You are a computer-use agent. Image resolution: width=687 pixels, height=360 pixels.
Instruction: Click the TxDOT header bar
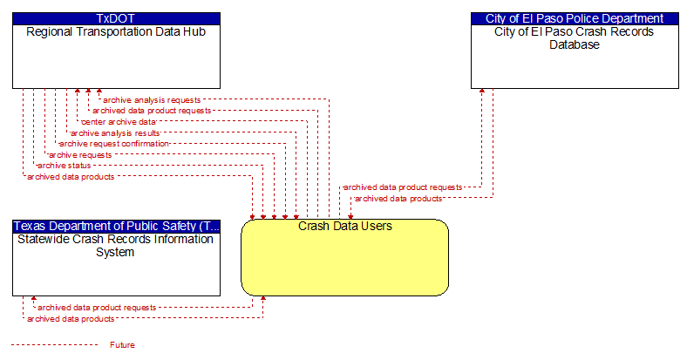tap(116, 18)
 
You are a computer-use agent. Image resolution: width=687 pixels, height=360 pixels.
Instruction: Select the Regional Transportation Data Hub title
tap(116, 32)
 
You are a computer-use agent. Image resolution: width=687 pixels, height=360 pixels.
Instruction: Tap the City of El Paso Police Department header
tap(575, 18)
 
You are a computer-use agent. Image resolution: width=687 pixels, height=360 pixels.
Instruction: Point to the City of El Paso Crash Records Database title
tap(575, 38)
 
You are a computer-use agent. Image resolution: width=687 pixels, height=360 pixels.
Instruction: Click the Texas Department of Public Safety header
tap(116, 226)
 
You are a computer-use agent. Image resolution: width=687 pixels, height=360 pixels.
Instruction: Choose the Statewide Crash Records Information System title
tap(115, 246)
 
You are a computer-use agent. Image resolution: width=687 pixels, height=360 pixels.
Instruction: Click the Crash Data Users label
tap(345, 226)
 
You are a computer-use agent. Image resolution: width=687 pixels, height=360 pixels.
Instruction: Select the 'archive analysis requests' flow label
tap(152, 100)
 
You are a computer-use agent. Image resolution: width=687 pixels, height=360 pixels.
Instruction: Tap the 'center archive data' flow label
tap(119, 122)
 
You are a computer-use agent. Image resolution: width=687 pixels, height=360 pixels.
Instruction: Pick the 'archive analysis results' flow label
tap(115, 132)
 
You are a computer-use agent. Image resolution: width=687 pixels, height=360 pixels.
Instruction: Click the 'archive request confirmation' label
tap(114, 144)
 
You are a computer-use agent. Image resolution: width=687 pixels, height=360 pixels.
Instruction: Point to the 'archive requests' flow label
tap(80, 154)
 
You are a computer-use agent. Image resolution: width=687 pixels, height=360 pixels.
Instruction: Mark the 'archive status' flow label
tap(64, 166)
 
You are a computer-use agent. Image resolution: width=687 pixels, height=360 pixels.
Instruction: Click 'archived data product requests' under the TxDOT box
tap(152, 111)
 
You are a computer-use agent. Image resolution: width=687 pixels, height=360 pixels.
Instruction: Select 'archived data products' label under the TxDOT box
tap(71, 176)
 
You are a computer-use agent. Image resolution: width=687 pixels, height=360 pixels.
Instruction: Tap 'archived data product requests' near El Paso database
tap(403, 187)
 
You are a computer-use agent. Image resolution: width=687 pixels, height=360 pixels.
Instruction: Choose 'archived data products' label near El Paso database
tap(398, 199)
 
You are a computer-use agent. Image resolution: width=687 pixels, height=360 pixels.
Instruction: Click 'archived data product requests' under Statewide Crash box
tap(97, 308)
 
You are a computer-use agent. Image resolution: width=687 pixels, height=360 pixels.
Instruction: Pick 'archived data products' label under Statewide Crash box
tap(71, 319)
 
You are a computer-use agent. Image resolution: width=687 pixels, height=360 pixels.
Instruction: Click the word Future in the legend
tap(122, 345)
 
